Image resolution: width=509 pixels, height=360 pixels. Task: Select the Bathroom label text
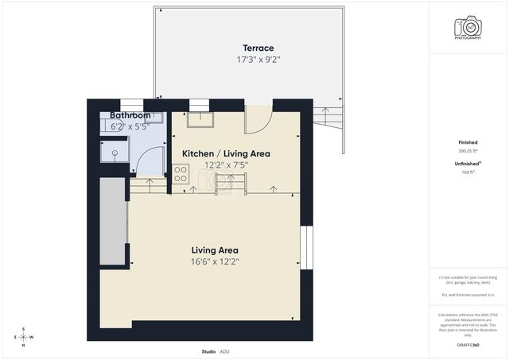tap(130, 115)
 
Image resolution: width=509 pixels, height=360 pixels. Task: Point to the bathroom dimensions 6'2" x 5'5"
tap(130, 126)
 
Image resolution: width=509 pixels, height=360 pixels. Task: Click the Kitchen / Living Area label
tap(226, 153)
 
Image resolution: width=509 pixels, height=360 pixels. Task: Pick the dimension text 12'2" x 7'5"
tap(226, 165)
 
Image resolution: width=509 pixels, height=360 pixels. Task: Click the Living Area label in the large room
tap(215, 250)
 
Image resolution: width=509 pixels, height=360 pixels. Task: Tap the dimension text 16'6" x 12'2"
tap(215, 261)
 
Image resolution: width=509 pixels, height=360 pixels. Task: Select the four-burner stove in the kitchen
tap(181, 173)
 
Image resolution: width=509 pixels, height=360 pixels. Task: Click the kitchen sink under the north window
tap(199, 118)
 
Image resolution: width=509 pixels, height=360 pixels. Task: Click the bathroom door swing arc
tap(150, 163)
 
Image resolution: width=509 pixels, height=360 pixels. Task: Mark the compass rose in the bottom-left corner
tap(24, 337)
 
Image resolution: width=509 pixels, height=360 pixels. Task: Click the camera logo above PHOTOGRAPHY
tap(468, 25)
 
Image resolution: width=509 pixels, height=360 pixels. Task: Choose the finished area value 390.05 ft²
tap(468, 149)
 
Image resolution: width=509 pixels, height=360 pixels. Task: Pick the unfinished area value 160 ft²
tap(468, 171)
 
